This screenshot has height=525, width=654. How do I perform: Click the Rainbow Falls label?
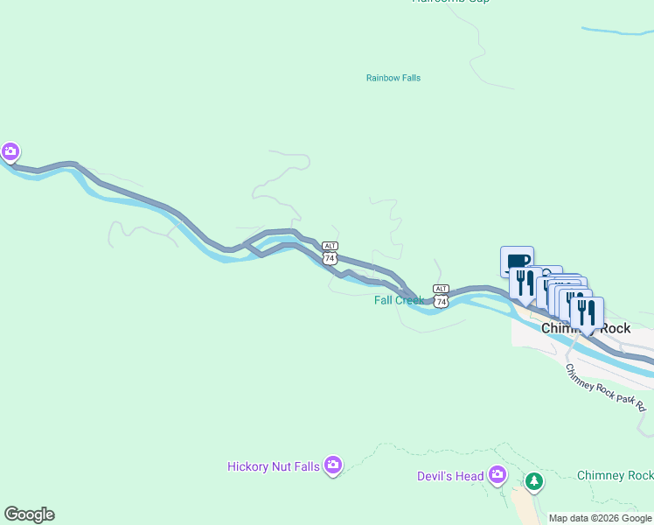393,78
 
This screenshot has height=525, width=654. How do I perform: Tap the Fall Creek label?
399,300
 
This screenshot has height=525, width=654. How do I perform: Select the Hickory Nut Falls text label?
273,466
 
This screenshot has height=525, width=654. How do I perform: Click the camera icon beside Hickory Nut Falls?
332,465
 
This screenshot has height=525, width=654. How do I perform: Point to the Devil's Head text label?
450,476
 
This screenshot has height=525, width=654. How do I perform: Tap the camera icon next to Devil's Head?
497,475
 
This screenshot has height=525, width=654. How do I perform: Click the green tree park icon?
533,481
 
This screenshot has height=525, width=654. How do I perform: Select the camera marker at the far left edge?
10,152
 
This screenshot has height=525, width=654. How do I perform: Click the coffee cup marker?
517,262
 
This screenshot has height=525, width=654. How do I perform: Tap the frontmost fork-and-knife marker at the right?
587,312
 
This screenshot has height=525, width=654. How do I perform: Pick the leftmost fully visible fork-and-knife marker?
525,283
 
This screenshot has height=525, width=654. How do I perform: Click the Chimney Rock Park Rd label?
605,388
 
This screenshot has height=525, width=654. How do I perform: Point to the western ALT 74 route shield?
330,253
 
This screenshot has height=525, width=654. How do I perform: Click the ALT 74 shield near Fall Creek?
441,296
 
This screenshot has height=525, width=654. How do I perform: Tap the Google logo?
29,514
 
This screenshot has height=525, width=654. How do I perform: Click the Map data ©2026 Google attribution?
601,518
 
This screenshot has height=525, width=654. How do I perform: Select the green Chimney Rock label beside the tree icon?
615,476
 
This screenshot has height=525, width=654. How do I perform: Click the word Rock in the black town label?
613,329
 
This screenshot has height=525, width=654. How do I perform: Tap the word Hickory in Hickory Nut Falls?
248,466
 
